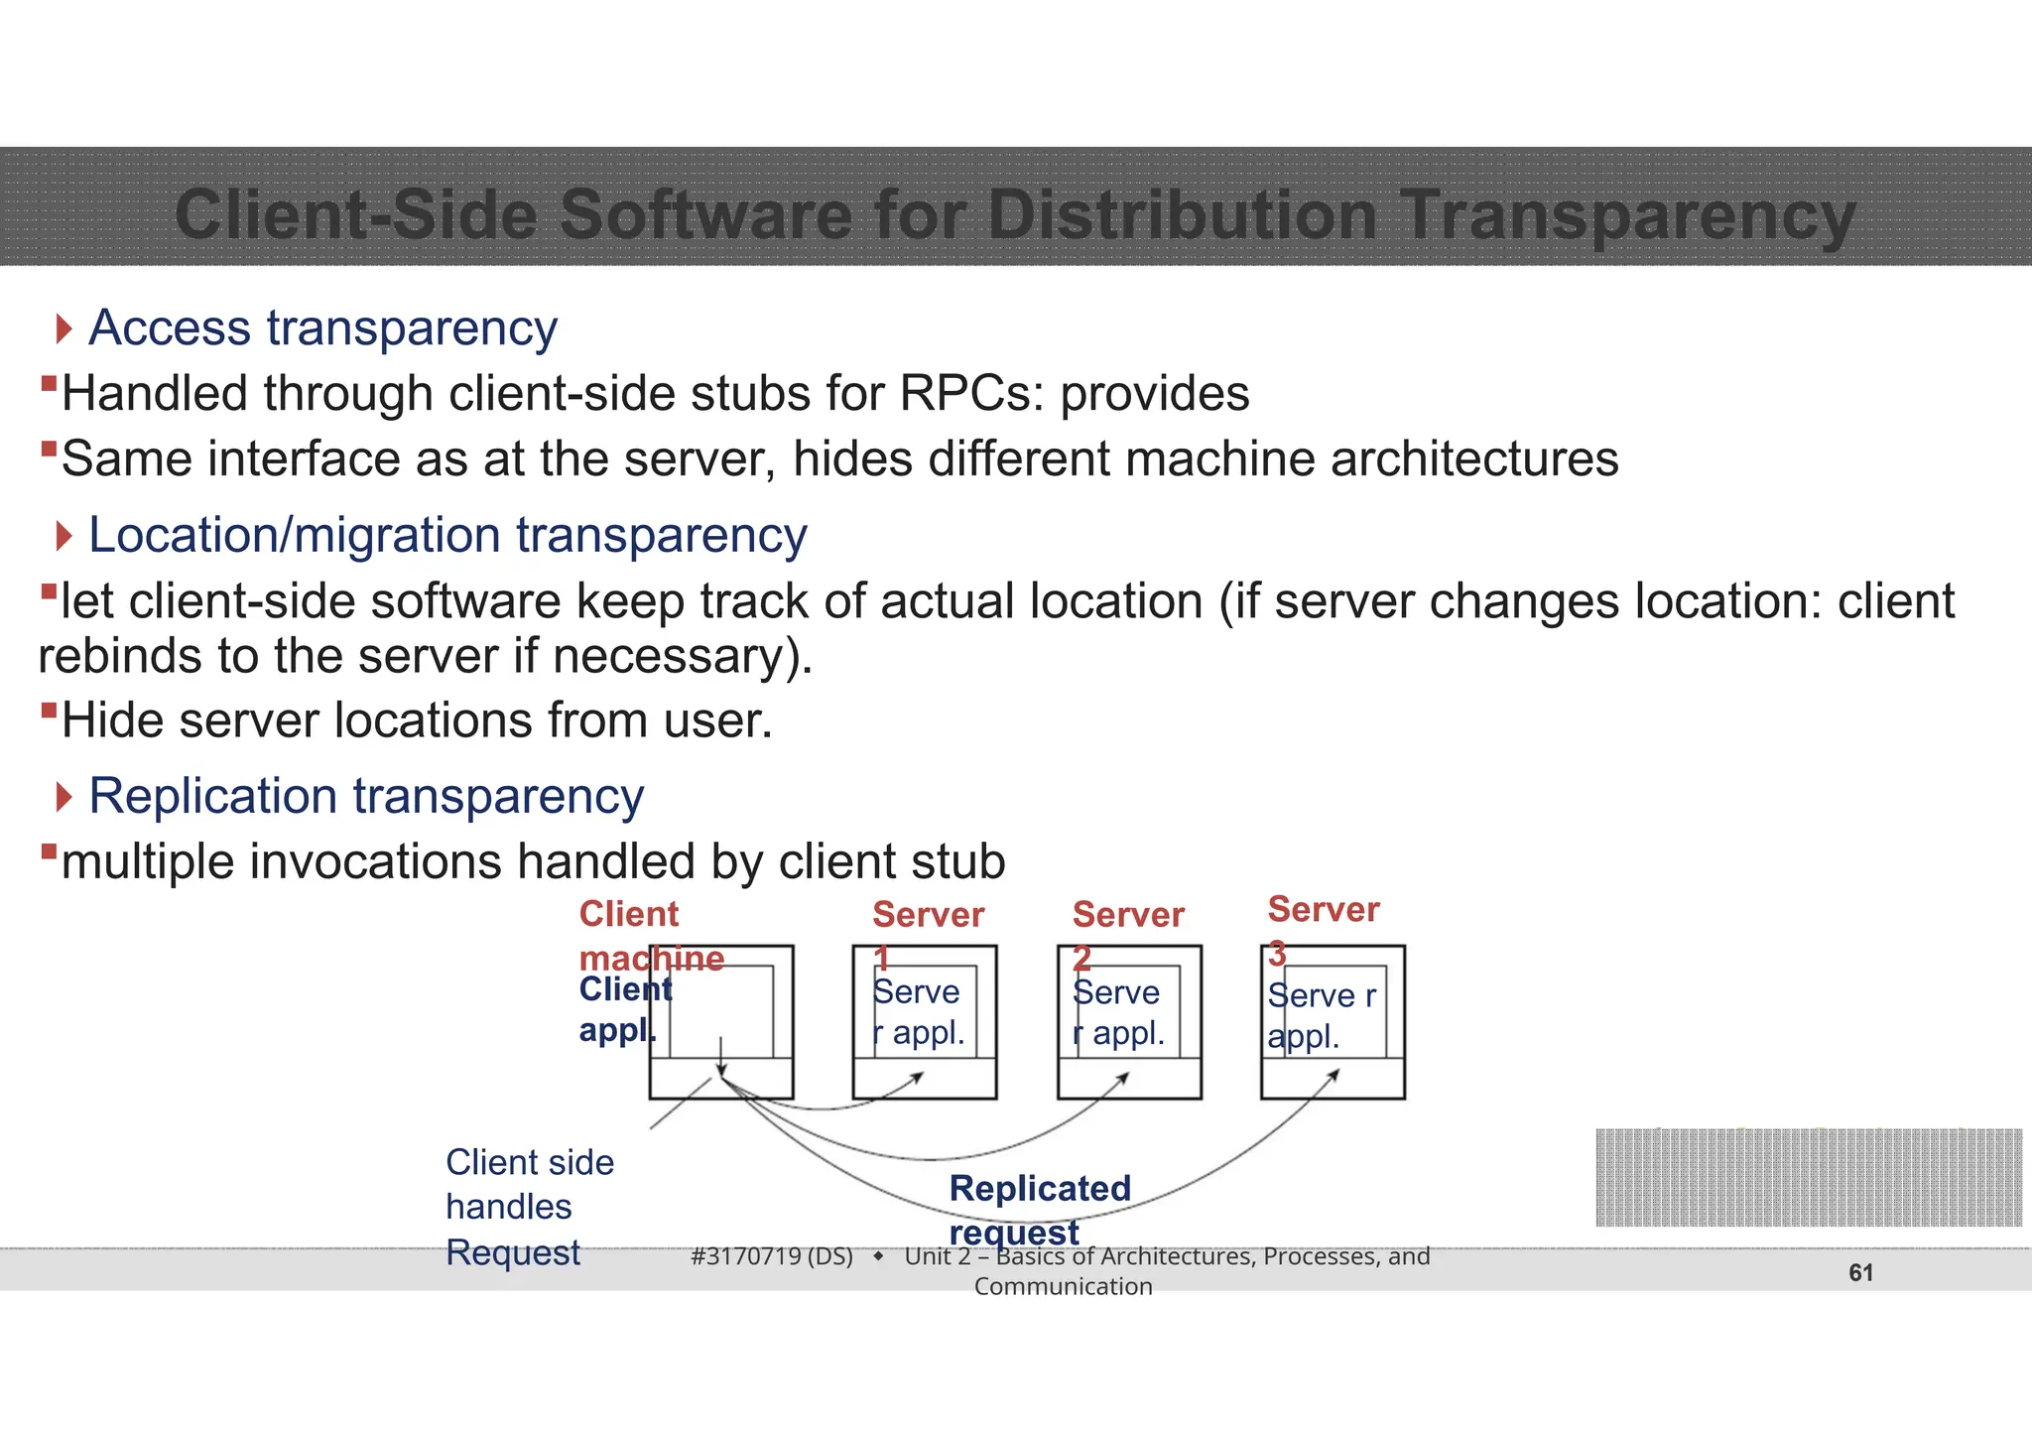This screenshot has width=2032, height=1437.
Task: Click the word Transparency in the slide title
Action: click(1627, 215)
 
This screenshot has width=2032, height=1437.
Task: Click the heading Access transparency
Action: click(322, 328)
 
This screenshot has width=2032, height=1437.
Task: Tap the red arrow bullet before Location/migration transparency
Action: click(64, 537)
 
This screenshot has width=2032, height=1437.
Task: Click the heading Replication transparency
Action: click(366, 797)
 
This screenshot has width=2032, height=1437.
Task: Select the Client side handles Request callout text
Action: click(528, 1207)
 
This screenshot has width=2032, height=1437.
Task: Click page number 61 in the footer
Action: click(1860, 1273)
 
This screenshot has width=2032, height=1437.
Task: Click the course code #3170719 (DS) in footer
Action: click(772, 1256)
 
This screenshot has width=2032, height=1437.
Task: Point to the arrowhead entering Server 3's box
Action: click(1334, 1074)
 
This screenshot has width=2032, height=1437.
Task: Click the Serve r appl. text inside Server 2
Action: click(1117, 1012)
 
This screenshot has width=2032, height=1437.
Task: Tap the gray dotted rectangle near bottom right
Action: click(1808, 1177)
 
